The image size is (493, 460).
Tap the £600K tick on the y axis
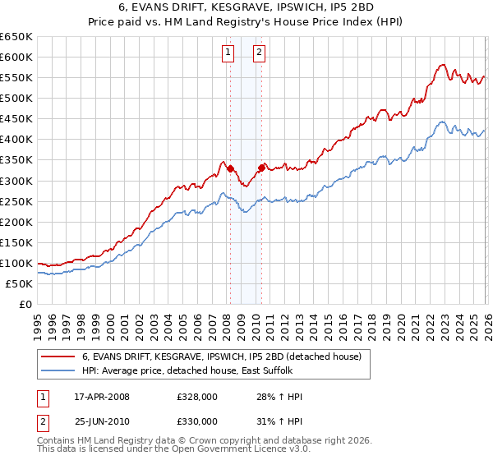[x=16, y=57]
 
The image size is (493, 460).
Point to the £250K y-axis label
[x=16, y=201]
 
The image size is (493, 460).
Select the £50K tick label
[x=20, y=283]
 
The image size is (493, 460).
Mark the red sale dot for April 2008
[x=230, y=168]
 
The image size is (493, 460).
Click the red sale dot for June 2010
[x=261, y=168]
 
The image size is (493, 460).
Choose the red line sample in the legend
[x=58, y=356]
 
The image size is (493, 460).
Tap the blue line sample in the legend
[x=58, y=370]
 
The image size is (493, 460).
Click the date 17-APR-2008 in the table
[x=102, y=397]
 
